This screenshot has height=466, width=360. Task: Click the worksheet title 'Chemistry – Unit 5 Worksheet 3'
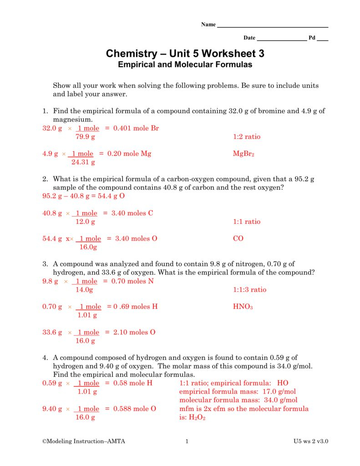click(185, 54)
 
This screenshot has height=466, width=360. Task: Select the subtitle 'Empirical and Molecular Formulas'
click(185, 65)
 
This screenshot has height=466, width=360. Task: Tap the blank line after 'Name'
click(273, 26)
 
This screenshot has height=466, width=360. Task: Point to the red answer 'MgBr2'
click(243, 154)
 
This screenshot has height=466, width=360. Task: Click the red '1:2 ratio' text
click(247, 137)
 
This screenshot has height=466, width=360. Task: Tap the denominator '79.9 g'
click(85, 137)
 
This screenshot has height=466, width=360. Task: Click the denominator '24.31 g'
click(83, 162)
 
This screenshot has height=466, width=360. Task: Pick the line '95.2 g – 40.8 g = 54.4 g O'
click(84, 196)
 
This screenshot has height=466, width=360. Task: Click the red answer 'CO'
click(238, 238)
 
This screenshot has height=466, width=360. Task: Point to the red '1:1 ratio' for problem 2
click(247, 222)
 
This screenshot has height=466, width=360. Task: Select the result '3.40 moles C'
click(132, 213)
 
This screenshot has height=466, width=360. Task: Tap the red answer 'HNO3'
click(243, 307)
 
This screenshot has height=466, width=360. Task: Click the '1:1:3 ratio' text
click(249, 290)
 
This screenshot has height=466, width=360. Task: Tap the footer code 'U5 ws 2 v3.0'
click(311, 441)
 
